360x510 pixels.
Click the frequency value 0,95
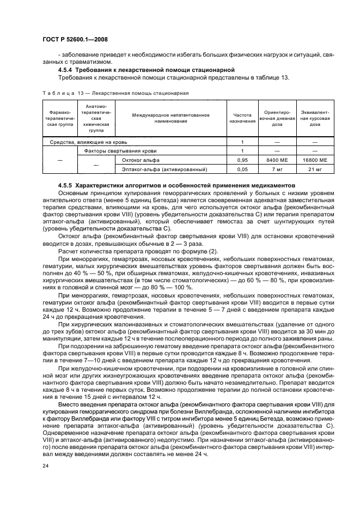pyautogui.click(x=242, y=160)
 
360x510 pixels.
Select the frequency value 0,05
pyautogui.click(x=242, y=169)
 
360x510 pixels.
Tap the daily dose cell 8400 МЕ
pyautogui.click(x=277, y=160)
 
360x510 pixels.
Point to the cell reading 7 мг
pyautogui.click(x=277, y=169)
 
